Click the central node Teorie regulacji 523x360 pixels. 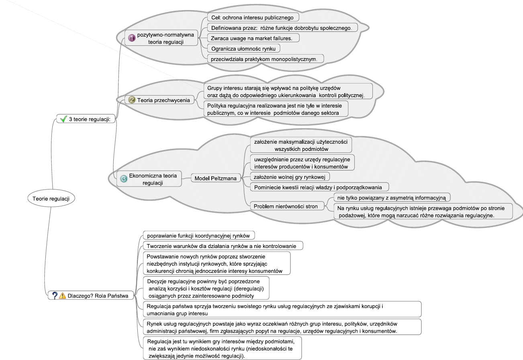tap(51, 198)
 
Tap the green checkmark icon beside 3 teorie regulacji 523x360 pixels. tap(63, 119)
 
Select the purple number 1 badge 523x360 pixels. tap(132, 38)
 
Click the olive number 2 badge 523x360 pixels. tap(131, 100)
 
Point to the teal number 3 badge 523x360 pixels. tap(124, 179)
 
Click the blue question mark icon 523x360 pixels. tap(55, 296)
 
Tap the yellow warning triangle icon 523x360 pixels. tap(62, 296)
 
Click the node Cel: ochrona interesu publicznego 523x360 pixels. tap(253, 17)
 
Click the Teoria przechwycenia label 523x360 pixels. tap(163, 100)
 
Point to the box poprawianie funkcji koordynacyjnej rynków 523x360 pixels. tap(199, 236)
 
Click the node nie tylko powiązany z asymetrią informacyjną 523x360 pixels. tap(392, 197)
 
